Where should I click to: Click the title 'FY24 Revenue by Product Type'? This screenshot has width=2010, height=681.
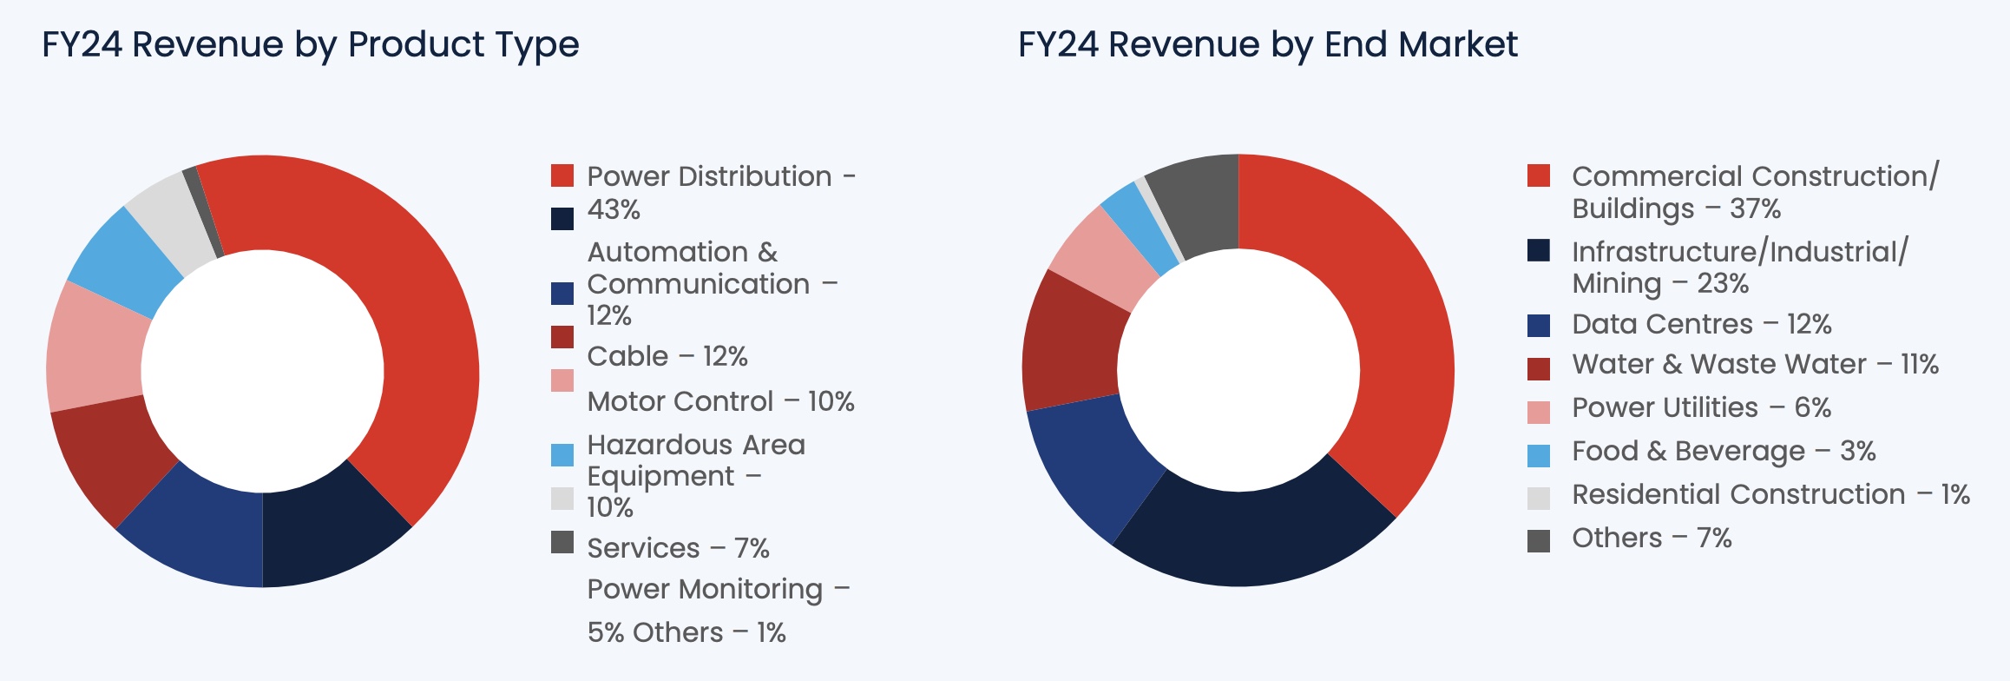tap(310, 44)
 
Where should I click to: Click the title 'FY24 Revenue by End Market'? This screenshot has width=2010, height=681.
tap(1267, 44)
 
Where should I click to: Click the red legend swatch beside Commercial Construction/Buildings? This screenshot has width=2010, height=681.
tap(1538, 175)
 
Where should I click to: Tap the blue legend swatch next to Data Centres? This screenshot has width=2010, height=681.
tap(1538, 325)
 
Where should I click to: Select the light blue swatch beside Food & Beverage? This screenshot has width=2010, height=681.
tap(1538, 454)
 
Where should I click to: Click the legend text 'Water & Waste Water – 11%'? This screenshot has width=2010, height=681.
tap(1754, 364)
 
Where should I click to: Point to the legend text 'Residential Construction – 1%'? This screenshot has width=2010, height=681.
tap(1770, 494)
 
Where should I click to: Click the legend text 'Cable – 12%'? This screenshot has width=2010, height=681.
tap(667, 356)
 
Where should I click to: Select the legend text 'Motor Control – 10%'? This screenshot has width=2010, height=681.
tap(720, 401)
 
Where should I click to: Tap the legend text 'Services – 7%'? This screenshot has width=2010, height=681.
tap(678, 548)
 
